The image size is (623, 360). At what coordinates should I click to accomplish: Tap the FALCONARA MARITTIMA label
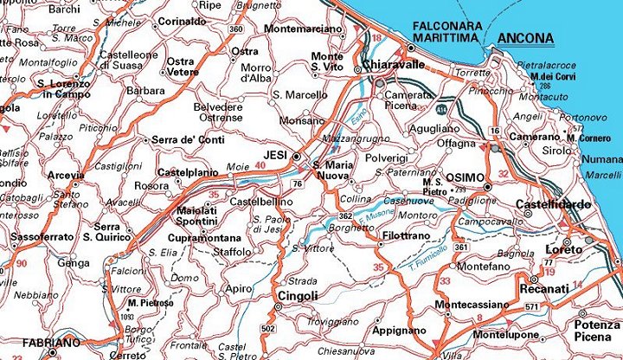coord(447,33)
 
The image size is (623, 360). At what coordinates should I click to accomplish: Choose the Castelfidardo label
coord(554,204)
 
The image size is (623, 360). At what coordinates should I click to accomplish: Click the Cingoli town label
coord(296,296)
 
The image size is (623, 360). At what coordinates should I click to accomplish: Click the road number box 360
coord(236,29)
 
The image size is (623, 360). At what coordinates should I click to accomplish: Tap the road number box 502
coord(267,329)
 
